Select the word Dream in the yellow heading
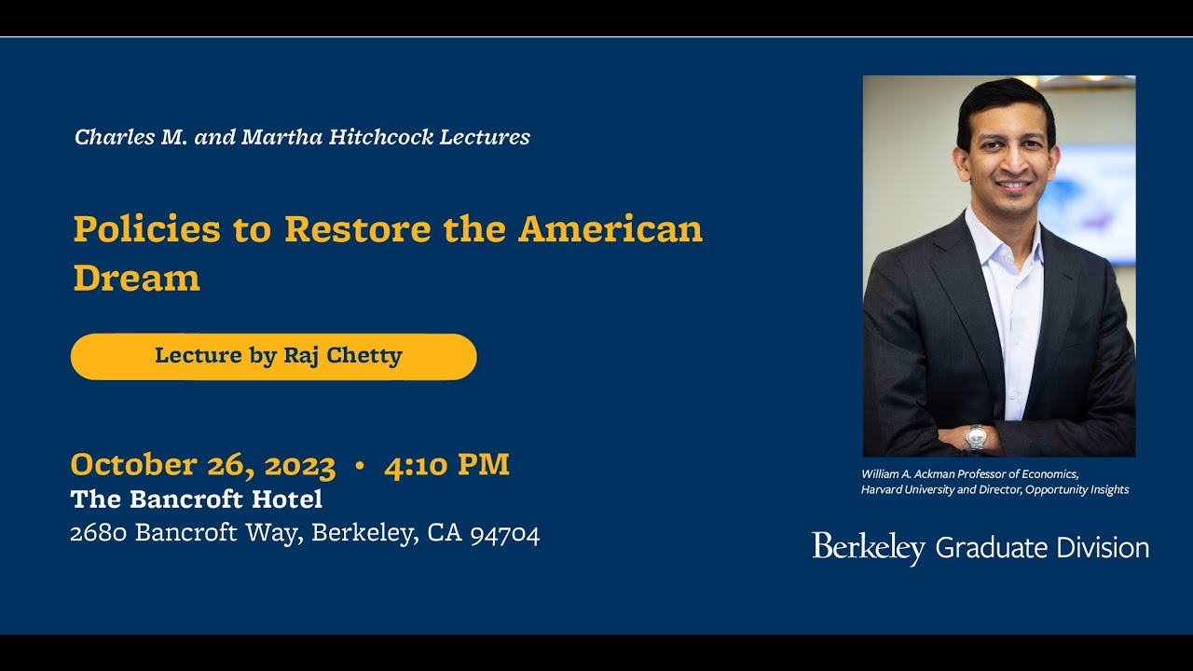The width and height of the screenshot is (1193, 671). [x=137, y=277]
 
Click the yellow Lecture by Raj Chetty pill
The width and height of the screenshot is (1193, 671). [x=273, y=356]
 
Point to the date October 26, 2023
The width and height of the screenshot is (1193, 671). [x=203, y=464]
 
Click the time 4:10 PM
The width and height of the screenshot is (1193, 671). [x=446, y=464]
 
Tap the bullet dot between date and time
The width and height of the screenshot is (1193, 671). [x=360, y=465]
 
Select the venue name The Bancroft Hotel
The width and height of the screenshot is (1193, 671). [x=197, y=500]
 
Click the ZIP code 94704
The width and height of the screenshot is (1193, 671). [x=504, y=533]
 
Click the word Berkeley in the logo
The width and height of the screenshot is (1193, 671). [x=868, y=547]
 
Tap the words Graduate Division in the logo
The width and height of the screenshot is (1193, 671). [x=1042, y=547]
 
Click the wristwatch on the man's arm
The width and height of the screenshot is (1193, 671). [x=976, y=437]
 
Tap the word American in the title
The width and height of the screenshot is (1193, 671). [x=610, y=228]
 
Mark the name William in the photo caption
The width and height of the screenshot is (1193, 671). [x=881, y=474]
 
